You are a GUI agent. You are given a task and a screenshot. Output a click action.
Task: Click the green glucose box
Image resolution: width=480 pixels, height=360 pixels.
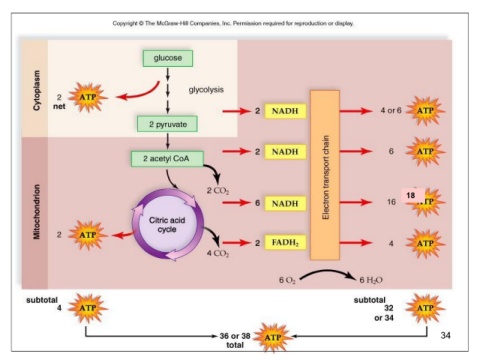[x=168, y=58]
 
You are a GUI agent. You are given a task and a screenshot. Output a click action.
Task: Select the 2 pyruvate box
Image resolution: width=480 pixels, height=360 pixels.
[x=167, y=124]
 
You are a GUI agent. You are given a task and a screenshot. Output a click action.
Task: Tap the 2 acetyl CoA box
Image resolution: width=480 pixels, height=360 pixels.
[x=167, y=159]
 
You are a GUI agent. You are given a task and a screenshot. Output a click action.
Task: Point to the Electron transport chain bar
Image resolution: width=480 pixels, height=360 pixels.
[x=325, y=175]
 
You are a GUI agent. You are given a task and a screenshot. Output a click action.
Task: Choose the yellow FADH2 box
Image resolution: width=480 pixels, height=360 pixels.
[x=285, y=242]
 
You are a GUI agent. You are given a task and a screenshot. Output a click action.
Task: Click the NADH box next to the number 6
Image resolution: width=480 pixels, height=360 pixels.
[x=285, y=203]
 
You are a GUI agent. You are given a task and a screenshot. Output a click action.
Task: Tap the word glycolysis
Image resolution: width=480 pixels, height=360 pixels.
[x=206, y=90]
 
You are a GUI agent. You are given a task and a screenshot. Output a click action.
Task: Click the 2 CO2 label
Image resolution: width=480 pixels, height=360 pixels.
[x=218, y=191]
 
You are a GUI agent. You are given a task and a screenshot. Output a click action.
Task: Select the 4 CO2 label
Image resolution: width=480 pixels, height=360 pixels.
[x=218, y=253]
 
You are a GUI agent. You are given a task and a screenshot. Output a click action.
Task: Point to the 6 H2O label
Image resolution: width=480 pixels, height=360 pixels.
[x=371, y=280]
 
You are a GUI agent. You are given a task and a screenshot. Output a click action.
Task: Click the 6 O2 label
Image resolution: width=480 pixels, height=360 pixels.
[x=287, y=280]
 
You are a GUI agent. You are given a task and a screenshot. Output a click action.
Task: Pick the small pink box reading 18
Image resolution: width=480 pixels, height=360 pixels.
[x=413, y=195]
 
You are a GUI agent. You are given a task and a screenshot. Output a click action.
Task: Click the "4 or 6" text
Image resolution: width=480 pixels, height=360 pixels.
[x=391, y=110]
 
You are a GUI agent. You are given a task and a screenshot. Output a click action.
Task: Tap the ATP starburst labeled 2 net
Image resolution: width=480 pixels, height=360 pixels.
[x=88, y=97]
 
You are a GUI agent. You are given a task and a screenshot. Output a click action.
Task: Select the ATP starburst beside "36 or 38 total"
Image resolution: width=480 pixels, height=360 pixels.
[x=273, y=337]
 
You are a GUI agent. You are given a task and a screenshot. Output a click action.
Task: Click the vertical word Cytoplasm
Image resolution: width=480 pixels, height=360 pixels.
[x=37, y=90]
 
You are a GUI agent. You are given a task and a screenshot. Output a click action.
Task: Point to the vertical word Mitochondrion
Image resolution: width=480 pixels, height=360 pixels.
[x=37, y=212]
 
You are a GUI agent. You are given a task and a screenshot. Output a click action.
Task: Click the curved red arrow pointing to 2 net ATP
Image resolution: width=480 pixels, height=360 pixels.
[x=140, y=95]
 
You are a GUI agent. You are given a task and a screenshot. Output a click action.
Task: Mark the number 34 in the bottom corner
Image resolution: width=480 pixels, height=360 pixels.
[x=445, y=335]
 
